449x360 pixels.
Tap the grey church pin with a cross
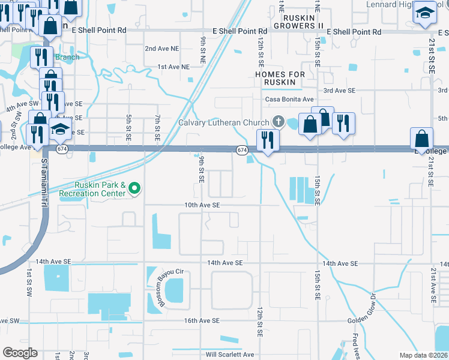(x=277, y=122)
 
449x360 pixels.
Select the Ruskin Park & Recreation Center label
(x=100, y=189)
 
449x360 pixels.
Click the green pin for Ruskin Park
(x=134, y=189)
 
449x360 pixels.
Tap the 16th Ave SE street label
(x=202, y=321)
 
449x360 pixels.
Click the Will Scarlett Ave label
(x=230, y=355)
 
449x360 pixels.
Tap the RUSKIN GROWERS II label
(x=298, y=21)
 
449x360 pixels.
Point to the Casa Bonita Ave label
(x=291, y=100)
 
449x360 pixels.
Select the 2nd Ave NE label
(x=162, y=49)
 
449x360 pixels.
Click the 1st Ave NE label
(x=173, y=67)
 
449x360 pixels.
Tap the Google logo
(x=20, y=353)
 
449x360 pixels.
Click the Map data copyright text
(x=424, y=355)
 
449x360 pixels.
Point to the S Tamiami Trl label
(x=44, y=179)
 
